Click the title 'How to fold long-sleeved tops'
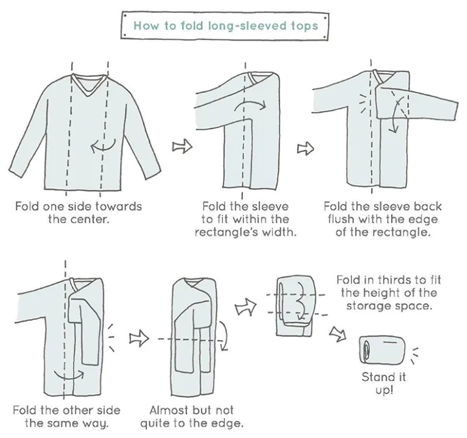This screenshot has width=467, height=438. pyautogui.click(x=226, y=26)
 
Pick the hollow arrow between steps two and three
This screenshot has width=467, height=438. pyautogui.click(x=304, y=149)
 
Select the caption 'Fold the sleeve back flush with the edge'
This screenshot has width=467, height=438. pyautogui.click(x=382, y=213)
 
